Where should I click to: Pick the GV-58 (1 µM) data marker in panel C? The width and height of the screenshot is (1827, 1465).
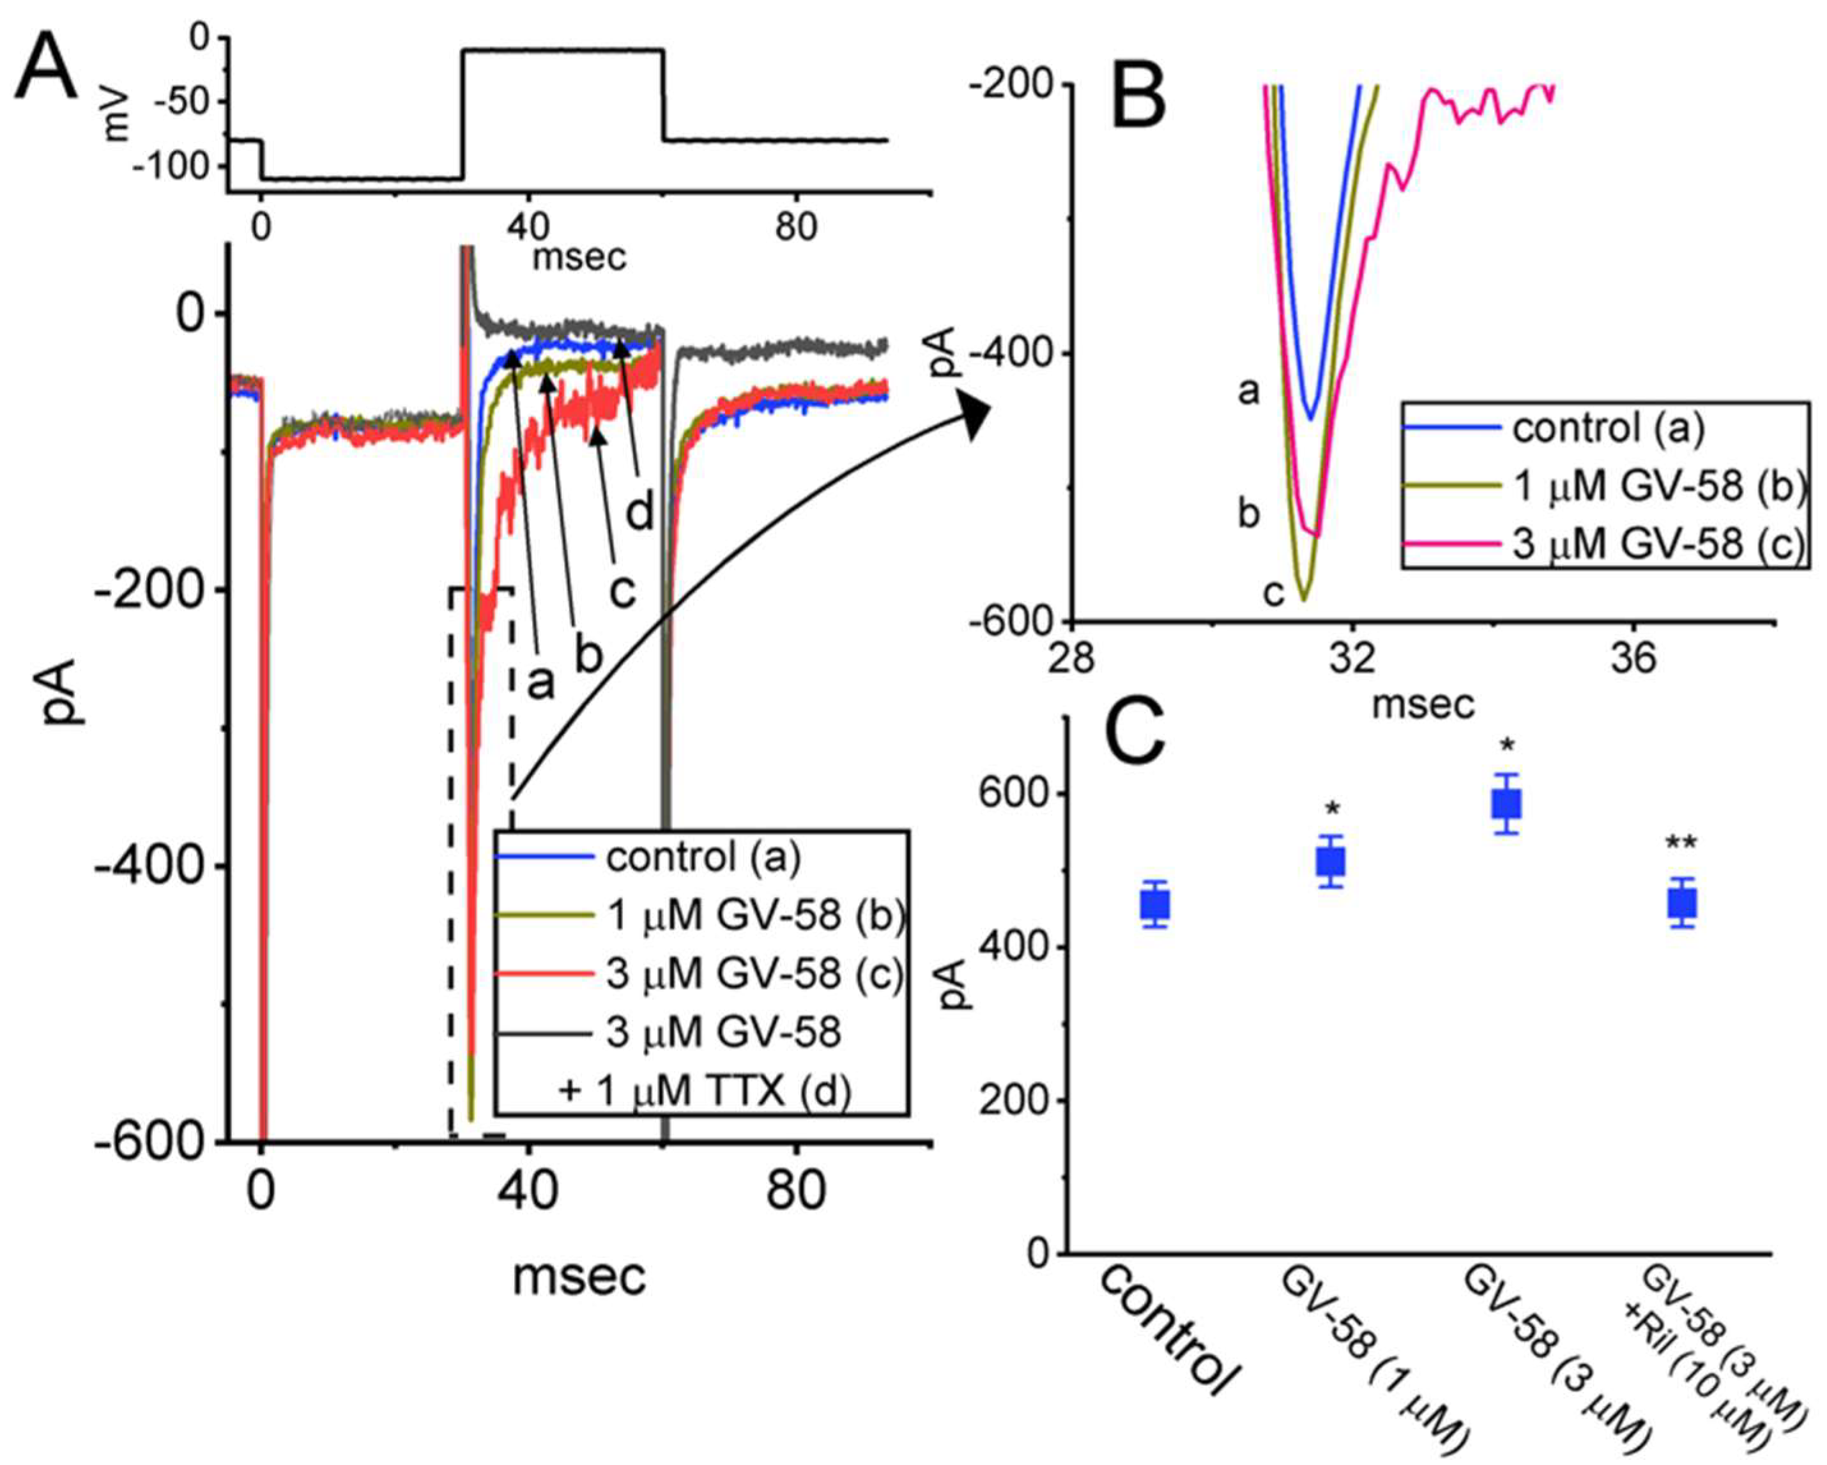point(1331,863)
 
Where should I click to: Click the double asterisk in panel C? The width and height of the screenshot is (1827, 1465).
point(1681,844)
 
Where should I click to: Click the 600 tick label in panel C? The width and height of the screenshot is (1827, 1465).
point(1014,795)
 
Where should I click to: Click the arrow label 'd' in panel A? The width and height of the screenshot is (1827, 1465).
point(640,512)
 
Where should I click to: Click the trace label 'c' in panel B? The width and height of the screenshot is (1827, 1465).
point(1273,595)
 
